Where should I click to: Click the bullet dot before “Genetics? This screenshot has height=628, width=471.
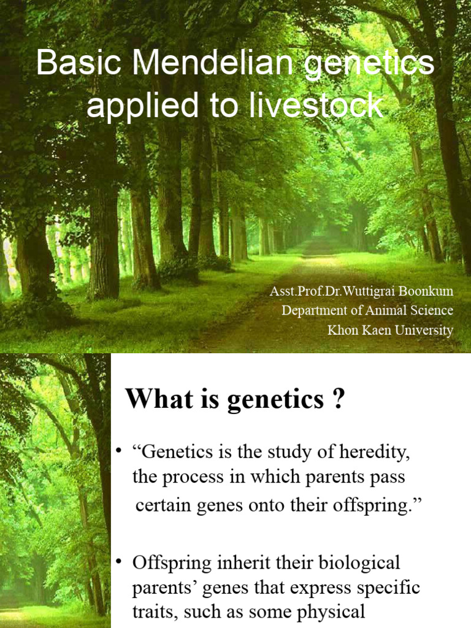point(119,453)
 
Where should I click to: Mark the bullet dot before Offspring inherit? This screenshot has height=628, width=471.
point(119,562)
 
